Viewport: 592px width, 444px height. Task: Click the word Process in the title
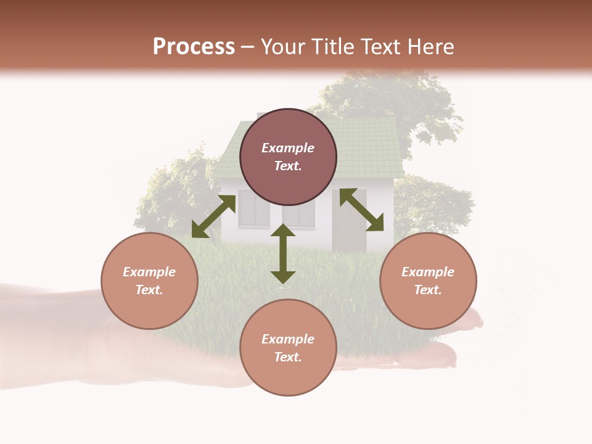click(194, 46)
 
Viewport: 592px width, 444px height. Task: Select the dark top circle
click(288, 157)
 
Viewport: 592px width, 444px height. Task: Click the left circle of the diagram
click(149, 281)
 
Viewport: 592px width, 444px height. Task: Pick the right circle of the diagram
click(428, 281)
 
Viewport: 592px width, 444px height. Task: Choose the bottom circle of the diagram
click(288, 347)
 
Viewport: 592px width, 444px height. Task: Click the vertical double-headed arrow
click(283, 253)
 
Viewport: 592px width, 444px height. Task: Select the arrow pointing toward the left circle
click(213, 216)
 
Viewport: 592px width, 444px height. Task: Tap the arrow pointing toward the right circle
click(362, 210)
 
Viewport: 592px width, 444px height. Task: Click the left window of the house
click(254, 209)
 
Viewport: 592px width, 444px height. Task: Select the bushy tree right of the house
click(435, 203)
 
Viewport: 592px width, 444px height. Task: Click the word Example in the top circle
click(288, 148)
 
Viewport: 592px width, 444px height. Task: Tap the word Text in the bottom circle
click(288, 357)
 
